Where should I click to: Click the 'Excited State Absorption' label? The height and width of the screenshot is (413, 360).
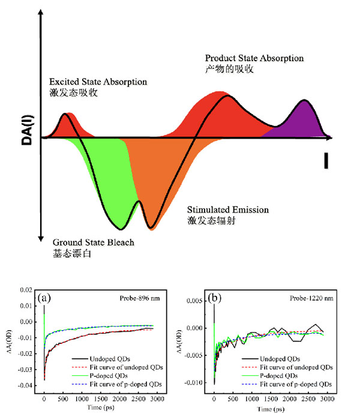click(x=98, y=81)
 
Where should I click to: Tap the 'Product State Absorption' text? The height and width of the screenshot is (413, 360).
click(x=254, y=58)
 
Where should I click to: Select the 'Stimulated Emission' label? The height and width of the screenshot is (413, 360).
click(x=227, y=210)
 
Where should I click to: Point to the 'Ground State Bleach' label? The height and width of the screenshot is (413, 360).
click(x=93, y=243)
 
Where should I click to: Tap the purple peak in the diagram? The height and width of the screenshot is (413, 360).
click(x=304, y=117)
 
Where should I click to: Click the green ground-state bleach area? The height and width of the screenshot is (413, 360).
click(x=108, y=180)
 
